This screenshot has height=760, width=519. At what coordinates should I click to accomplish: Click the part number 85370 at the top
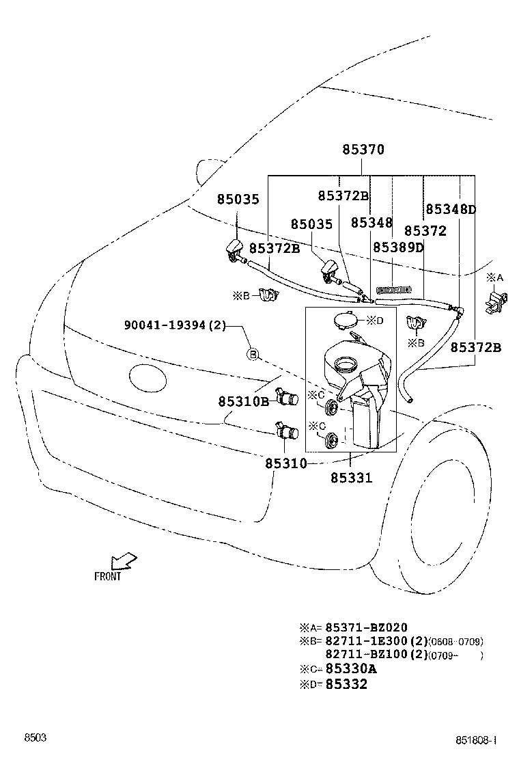(x=363, y=150)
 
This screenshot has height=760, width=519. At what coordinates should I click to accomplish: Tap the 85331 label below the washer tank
(x=352, y=478)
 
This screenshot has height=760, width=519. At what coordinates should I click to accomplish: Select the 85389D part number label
(x=398, y=247)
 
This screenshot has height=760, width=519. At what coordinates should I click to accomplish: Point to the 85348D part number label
(x=451, y=209)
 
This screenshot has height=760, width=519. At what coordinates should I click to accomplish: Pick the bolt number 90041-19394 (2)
(x=175, y=325)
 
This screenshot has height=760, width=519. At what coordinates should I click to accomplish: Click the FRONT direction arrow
(x=124, y=560)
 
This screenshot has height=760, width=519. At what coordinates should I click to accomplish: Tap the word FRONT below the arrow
(x=108, y=576)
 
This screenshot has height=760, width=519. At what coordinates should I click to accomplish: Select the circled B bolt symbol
(x=252, y=354)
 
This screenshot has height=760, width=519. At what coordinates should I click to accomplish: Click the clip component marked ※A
(x=496, y=301)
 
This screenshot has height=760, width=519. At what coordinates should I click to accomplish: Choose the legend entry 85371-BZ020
(x=366, y=627)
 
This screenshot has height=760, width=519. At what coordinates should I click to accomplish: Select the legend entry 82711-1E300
(x=376, y=641)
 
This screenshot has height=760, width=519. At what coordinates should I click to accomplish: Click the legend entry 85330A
(x=350, y=669)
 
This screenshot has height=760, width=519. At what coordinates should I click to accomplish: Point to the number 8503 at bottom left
(x=36, y=738)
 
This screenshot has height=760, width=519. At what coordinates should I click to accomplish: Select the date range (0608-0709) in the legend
(x=456, y=642)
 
